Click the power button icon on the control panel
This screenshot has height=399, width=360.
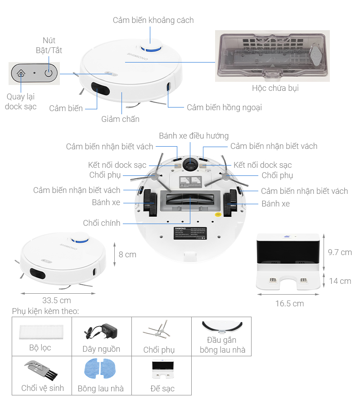[49, 72]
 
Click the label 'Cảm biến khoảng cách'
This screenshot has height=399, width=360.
[153, 20]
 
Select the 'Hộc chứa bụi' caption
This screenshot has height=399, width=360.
[275, 88]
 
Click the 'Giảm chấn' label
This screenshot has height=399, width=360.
[120, 119]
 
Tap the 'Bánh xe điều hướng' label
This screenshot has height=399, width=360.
[193, 135]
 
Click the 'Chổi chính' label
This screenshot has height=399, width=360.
[102, 223]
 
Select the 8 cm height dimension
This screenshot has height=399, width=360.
[127, 255]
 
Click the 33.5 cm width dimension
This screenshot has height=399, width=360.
[57, 300]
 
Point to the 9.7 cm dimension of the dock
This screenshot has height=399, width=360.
[340, 252]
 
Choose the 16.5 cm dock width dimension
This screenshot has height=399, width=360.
[289, 304]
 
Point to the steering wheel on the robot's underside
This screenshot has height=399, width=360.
[190, 164]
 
